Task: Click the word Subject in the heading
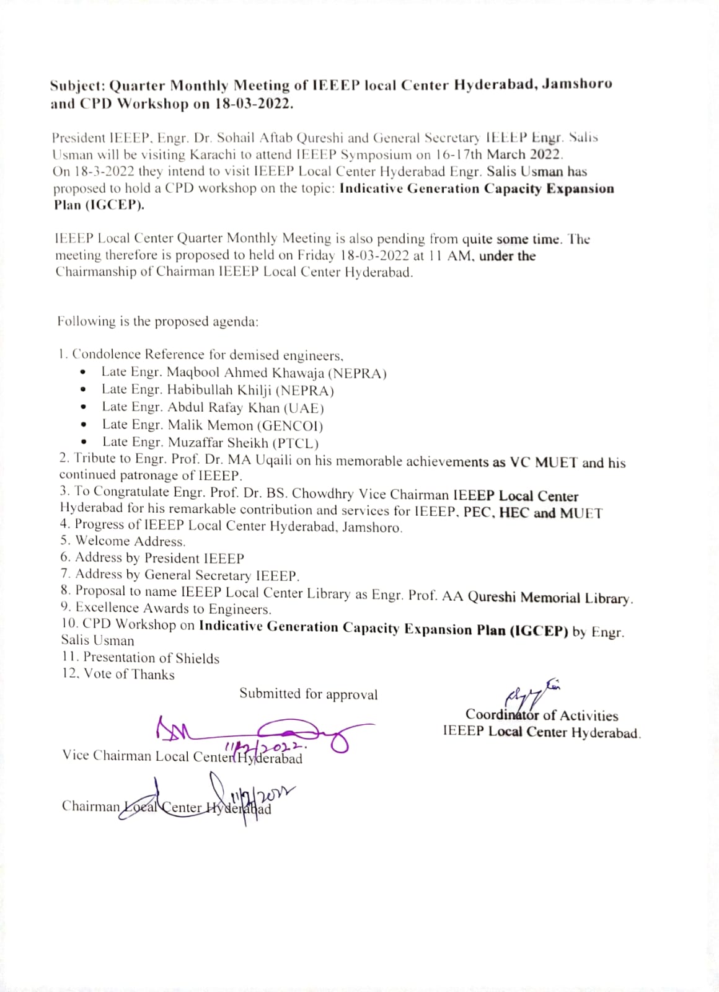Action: pos(77,86)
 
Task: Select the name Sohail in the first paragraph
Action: pos(233,138)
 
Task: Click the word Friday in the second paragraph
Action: pos(316,255)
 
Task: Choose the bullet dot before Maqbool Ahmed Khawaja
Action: pos(83,373)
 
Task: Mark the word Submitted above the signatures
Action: pos(270,694)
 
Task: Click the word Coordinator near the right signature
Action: pos(503,715)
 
